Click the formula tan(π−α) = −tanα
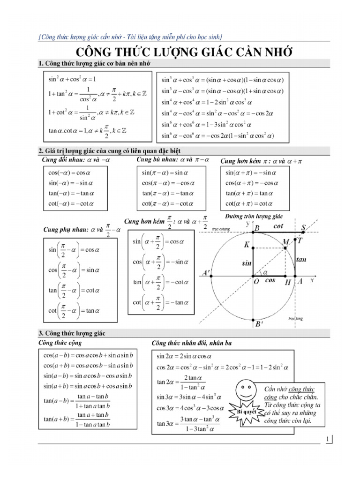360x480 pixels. pos(167,194)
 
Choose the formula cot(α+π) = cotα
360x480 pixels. pos(249,203)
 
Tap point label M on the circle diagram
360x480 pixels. pos(286,241)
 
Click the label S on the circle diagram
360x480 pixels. pos(304,228)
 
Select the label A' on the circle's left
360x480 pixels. pos(205,273)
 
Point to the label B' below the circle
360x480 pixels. pos(258,323)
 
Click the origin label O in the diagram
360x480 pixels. pos(256,282)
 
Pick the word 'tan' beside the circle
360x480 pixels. pos(301,259)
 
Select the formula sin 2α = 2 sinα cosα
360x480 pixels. pos(185,356)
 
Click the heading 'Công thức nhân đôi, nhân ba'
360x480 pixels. pos(192,344)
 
